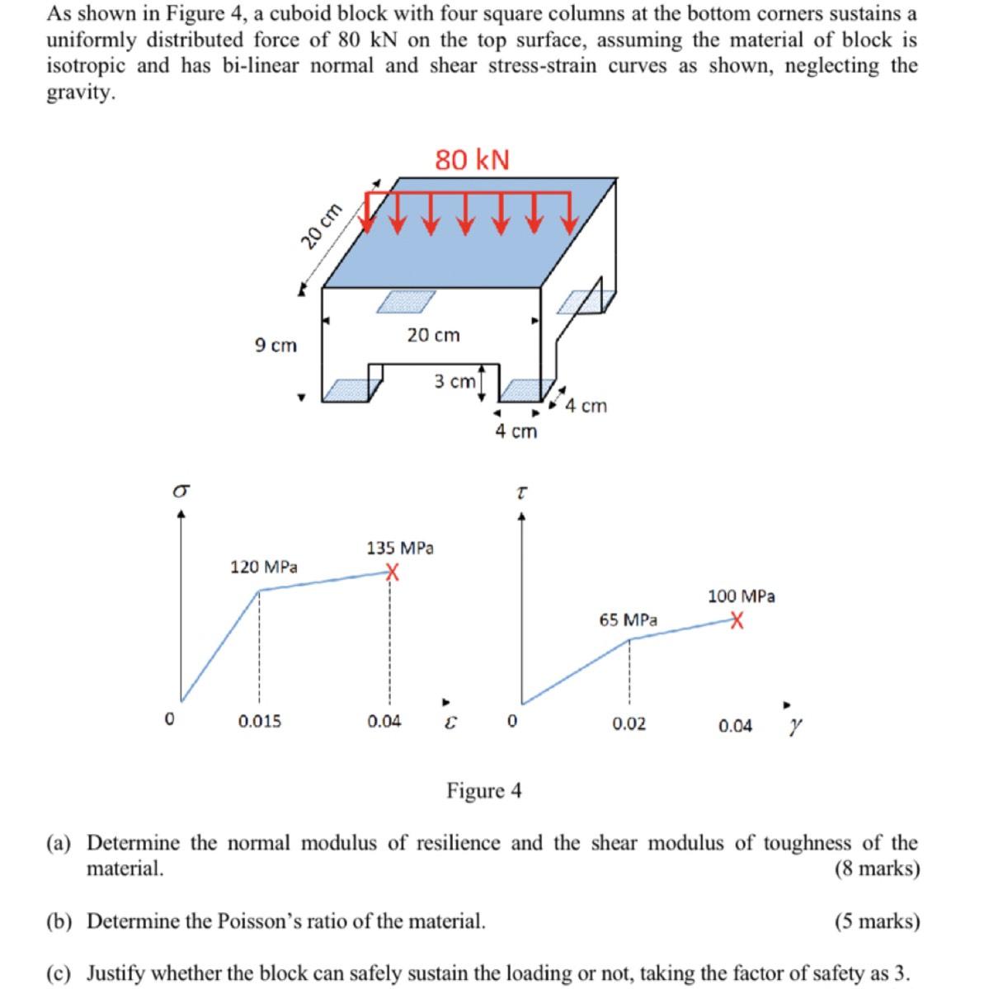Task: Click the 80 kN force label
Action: pyautogui.click(x=473, y=159)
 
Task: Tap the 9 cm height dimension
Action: pyautogui.click(x=276, y=346)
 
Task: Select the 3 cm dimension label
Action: pyautogui.click(x=454, y=381)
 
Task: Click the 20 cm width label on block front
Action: pyautogui.click(x=433, y=335)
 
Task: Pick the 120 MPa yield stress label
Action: pyautogui.click(x=264, y=567)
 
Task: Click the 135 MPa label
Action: pyautogui.click(x=400, y=548)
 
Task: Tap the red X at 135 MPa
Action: pyautogui.click(x=393, y=572)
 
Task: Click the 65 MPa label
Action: pyautogui.click(x=629, y=619)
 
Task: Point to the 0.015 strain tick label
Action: pyautogui.click(x=259, y=722)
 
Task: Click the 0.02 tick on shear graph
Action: pyautogui.click(x=629, y=725)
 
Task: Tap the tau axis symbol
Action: pyautogui.click(x=521, y=492)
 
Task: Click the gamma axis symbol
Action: pyautogui.click(x=794, y=726)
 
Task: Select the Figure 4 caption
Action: pyautogui.click(x=484, y=791)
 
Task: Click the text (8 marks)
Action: pyautogui.click(x=877, y=869)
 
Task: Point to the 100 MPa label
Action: pyautogui.click(x=741, y=596)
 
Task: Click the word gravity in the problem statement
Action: pyautogui.click(x=80, y=92)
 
